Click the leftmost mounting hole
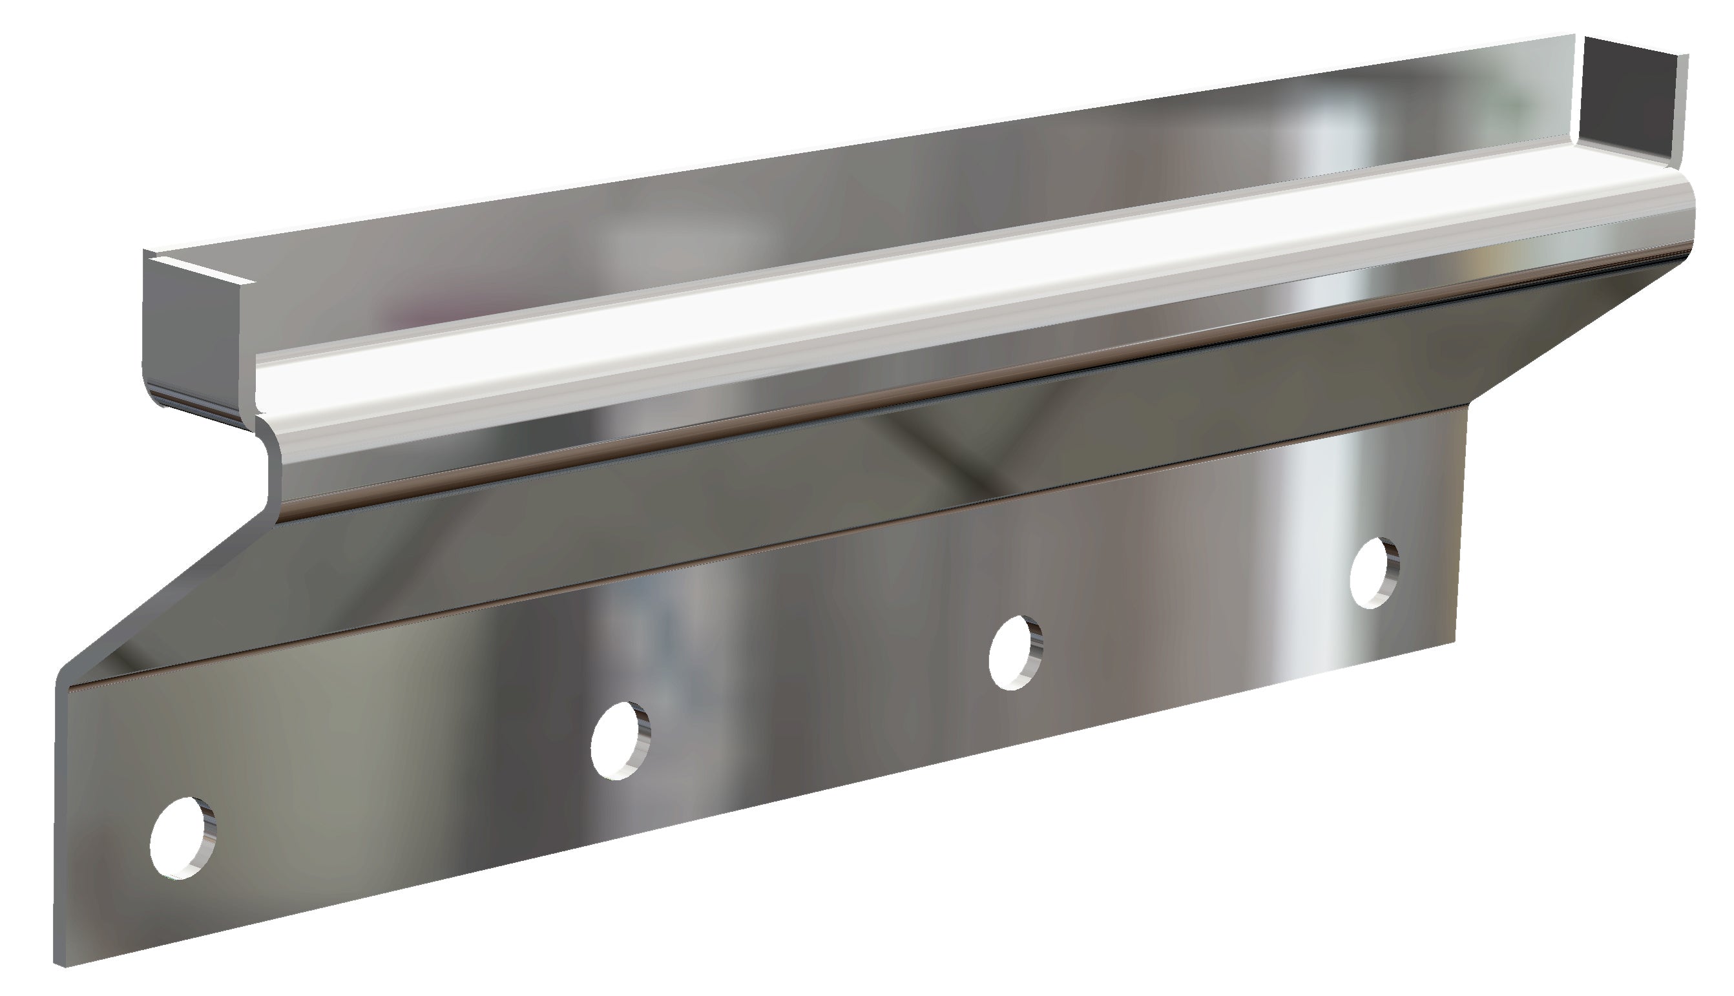click(x=182, y=836)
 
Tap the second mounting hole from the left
click(x=620, y=740)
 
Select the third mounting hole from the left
click(x=1016, y=652)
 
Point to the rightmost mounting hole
click(x=1374, y=573)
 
